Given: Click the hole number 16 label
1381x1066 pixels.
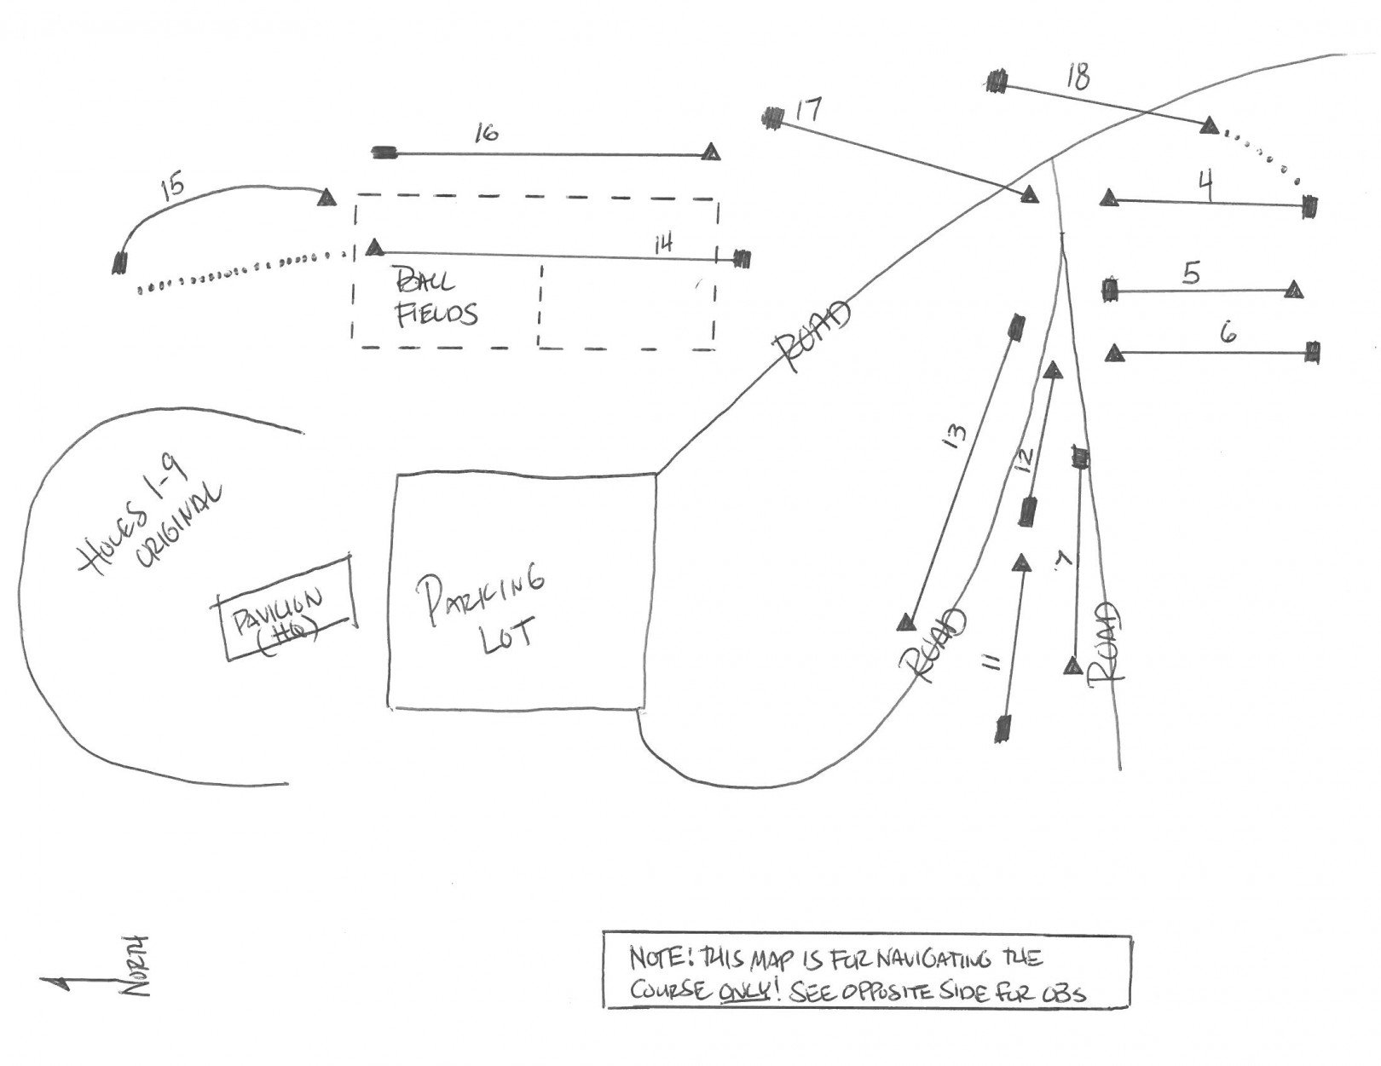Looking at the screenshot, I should (x=487, y=133).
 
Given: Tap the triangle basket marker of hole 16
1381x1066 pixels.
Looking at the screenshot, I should (x=711, y=153).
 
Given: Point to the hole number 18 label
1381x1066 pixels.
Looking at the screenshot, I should (x=1078, y=77).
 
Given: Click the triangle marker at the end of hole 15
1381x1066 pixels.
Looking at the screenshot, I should (x=326, y=199).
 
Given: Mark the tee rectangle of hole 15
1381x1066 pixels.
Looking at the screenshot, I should (x=120, y=262).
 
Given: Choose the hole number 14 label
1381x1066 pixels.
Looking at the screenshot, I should (x=663, y=243).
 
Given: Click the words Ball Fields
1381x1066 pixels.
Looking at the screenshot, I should (x=435, y=298).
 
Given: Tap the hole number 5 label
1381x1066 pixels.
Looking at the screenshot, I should (x=1191, y=274).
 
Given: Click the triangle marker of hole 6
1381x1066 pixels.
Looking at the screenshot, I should (x=1114, y=353).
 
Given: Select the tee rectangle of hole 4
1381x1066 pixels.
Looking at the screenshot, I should (x=1309, y=207).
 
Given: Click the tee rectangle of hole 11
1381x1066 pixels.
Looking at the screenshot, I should (x=1004, y=727).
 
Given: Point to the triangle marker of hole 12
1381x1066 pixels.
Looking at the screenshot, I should (x=1053, y=371).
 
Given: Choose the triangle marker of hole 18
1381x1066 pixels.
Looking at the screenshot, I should (x=1208, y=126).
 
